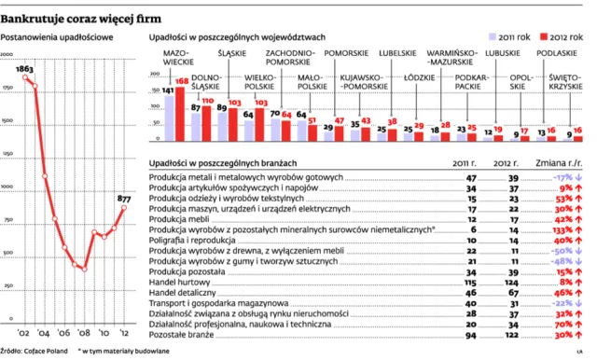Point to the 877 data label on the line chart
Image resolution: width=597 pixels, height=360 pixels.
click(x=122, y=198)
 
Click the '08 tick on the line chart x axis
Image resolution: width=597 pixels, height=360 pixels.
click(x=82, y=331)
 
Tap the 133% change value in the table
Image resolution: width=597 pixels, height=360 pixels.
click(x=561, y=228)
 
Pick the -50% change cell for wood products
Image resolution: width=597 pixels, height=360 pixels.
click(x=561, y=249)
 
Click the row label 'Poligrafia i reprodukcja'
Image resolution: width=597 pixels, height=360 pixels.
click(x=194, y=239)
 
